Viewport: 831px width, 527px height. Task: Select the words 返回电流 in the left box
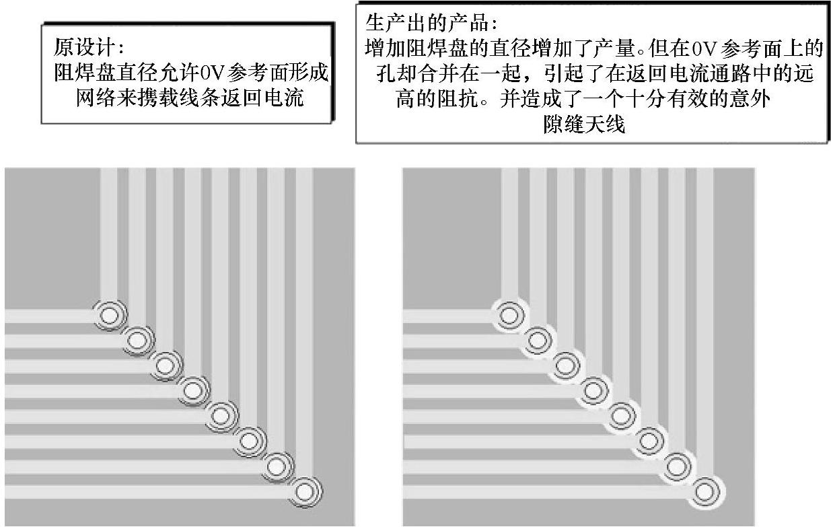[270, 98]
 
